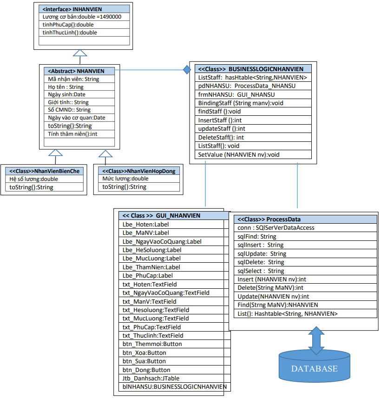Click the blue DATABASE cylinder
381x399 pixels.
314,368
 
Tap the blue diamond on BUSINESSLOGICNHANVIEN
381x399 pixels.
186,70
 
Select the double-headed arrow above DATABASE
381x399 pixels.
316,341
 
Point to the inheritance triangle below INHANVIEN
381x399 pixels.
80,53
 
